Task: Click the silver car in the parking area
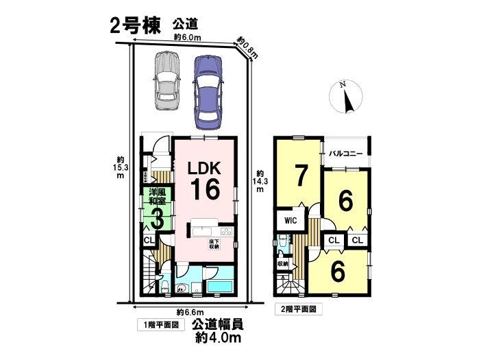[166, 82]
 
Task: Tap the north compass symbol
[347, 97]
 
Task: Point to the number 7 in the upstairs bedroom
[299, 175]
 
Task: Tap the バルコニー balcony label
[346, 154]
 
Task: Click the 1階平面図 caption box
[160, 323]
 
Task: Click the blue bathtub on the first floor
[219, 286]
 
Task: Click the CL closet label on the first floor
[149, 240]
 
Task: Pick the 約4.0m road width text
[219, 337]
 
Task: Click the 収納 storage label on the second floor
[283, 264]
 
